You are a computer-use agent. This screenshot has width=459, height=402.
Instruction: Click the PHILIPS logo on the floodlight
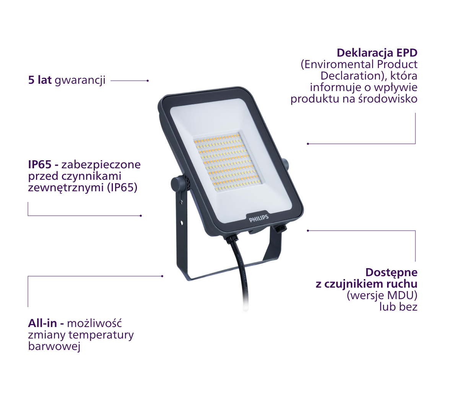pos(259,218)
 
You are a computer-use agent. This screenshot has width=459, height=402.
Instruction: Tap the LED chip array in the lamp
pos(227,162)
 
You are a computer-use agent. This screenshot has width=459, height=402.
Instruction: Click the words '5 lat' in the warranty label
pos(40,80)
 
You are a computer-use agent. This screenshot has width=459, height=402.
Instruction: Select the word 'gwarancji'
pos(80,81)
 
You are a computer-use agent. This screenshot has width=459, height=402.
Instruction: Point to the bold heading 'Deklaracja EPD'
pos(377,53)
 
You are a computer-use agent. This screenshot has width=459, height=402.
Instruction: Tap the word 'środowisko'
pos(387,99)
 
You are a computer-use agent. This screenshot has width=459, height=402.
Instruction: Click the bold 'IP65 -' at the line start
pos(43,164)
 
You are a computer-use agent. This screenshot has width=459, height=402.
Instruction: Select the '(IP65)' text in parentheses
pos(122,187)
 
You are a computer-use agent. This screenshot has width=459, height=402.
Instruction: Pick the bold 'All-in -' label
pos(46,323)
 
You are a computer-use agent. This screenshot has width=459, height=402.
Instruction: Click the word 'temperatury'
pos(101,335)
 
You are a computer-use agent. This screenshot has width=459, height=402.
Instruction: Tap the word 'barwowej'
pos(54,347)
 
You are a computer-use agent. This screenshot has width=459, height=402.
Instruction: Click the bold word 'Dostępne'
pos(391,273)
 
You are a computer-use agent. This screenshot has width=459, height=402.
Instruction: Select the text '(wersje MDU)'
pos(382,295)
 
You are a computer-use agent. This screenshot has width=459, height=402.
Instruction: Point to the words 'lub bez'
pos(399,307)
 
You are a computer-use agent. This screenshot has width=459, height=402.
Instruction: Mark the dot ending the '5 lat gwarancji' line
pos(148,81)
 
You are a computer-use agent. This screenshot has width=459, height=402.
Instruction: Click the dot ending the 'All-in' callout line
pos(162,276)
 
